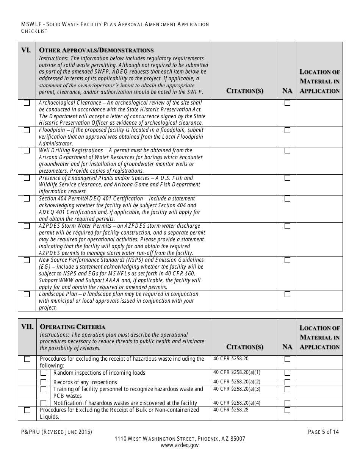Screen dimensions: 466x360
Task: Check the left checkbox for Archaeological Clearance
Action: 27,103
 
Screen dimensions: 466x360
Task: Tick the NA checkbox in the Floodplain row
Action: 288,130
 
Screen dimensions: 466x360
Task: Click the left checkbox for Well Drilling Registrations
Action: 27,151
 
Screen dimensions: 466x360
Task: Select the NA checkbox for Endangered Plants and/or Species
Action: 288,178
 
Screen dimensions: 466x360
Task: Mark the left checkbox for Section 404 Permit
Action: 27,199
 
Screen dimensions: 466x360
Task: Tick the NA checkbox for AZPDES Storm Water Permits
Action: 288,226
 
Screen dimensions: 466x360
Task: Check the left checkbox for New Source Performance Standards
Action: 27,260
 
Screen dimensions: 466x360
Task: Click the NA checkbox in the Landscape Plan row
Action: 288,294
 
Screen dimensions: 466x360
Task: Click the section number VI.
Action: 26,50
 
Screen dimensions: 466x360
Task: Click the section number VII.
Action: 27,327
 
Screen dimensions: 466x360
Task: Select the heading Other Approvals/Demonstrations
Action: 97,50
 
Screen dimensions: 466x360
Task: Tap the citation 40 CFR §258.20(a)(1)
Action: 237,372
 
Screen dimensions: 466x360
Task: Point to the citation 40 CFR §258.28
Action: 231,410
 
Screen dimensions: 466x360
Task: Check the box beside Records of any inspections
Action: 44,382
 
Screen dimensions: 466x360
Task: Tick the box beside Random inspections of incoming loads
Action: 44,373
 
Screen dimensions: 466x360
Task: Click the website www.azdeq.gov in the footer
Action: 180,446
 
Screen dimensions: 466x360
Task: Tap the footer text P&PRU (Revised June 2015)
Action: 56,432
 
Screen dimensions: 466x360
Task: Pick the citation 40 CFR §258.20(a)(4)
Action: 237,403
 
